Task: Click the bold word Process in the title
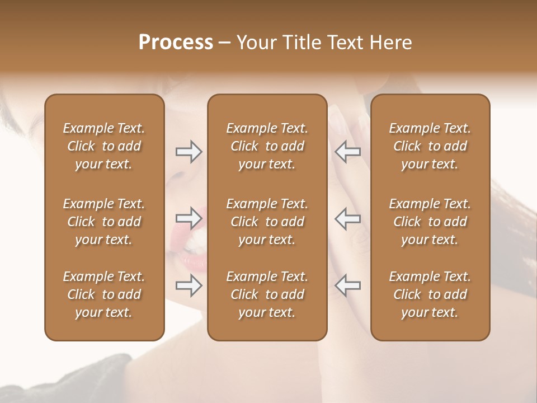[176, 43]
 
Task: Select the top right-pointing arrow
[189, 152]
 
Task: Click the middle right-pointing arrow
[189, 218]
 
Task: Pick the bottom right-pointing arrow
[189, 285]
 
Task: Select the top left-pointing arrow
[348, 152]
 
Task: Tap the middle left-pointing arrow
[348, 218]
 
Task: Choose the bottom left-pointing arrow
[348, 285]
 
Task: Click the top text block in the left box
[104, 146]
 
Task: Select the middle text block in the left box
[104, 222]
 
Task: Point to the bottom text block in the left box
[104, 294]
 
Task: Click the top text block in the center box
[267, 146]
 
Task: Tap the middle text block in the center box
[267, 222]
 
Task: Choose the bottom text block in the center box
[267, 294]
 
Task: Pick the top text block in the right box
[430, 146]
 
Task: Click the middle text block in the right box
[430, 222]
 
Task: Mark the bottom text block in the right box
[430, 294]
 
